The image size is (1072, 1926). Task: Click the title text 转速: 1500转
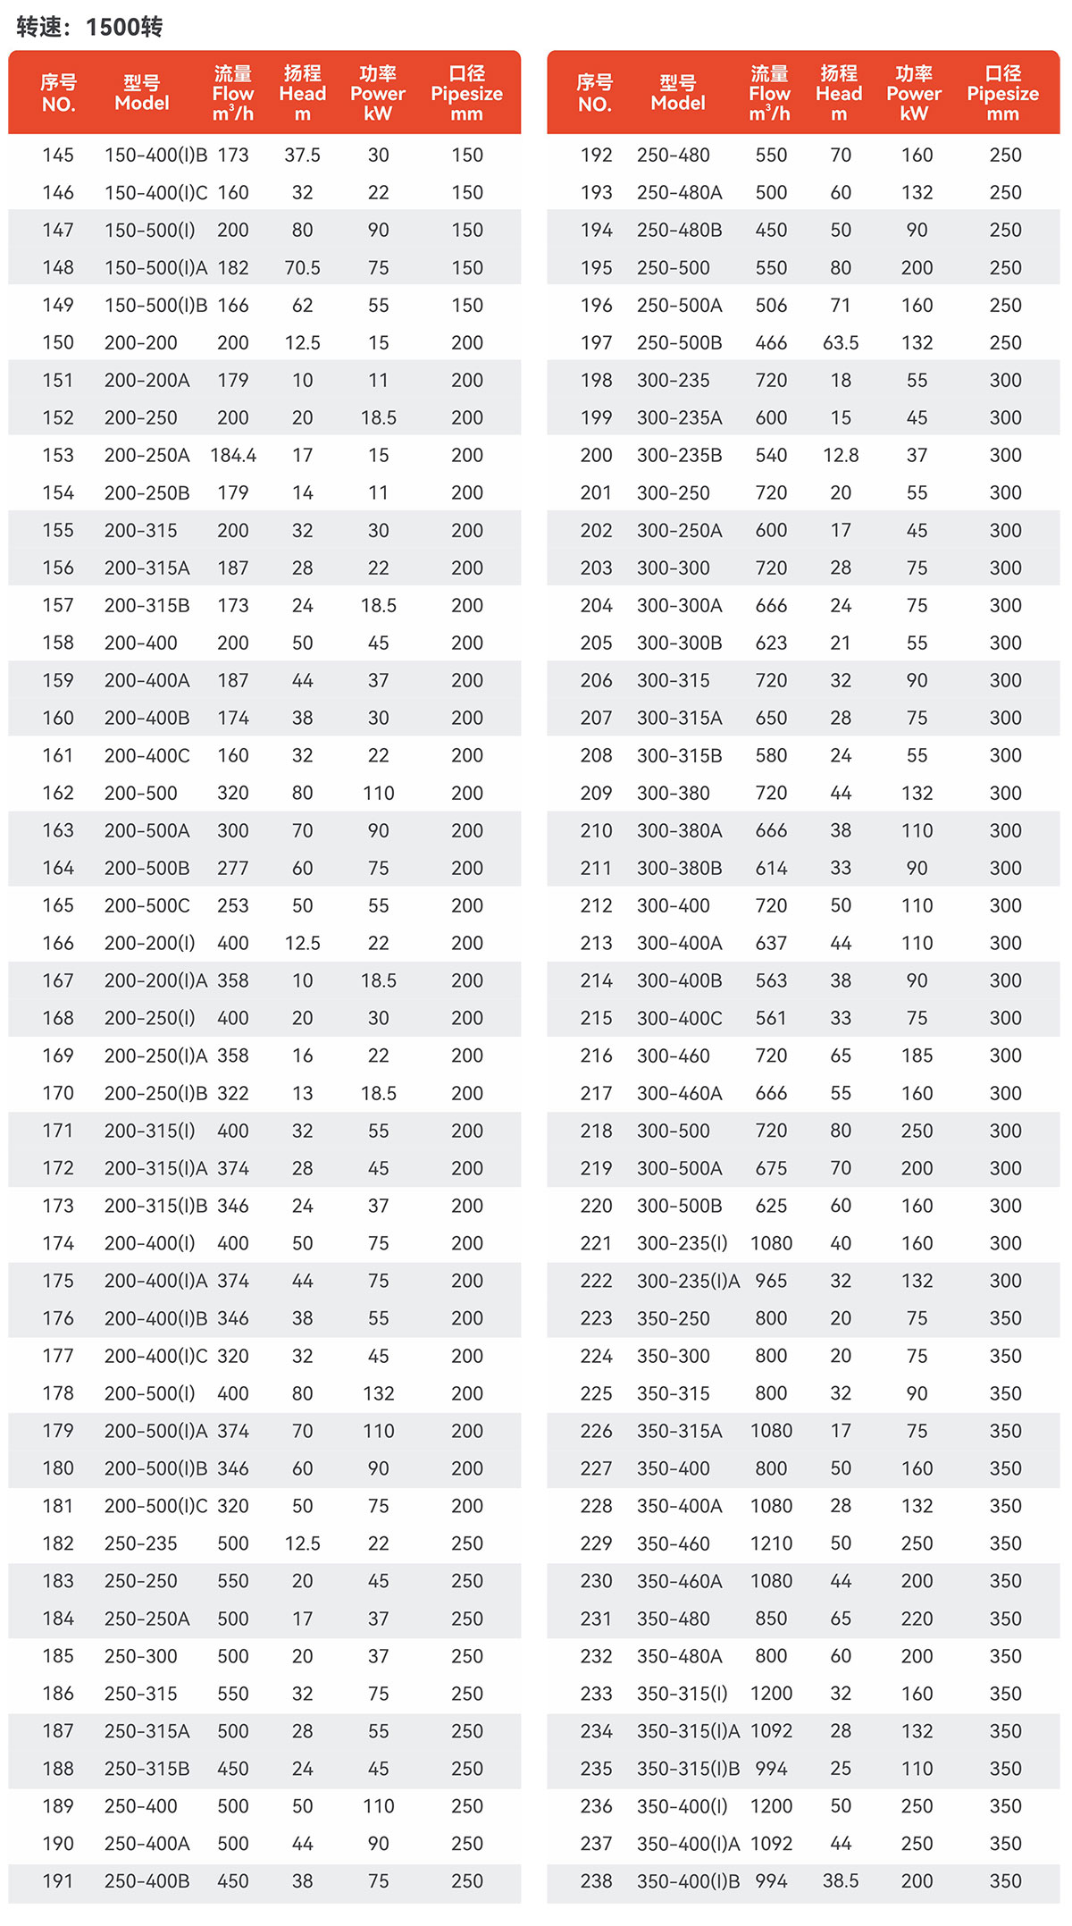point(89,27)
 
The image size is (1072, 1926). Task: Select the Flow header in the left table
point(233,93)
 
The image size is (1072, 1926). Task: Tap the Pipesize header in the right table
point(1002,93)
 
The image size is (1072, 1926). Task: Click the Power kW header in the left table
point(378,93)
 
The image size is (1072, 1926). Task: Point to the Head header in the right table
point(839,93)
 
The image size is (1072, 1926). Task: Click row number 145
point(58,155)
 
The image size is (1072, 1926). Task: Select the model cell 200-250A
point(147,455)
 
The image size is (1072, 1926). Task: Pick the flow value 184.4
point(233,455)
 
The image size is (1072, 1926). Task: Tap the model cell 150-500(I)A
point(155,267)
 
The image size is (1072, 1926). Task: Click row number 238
point(596,1880)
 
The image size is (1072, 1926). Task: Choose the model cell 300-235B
point(680,455)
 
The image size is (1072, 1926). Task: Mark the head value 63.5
point(841,342)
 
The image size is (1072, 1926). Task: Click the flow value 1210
point(771,1543)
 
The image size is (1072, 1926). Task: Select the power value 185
point(917,1056)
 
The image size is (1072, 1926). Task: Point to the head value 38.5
point(841,1880)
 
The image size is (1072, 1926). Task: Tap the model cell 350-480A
point(680,1655)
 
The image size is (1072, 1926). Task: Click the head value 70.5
point(303,267)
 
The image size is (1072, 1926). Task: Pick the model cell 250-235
point(141,1543)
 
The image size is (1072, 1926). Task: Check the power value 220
point(917,1618)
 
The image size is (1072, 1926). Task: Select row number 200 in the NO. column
point(596,455)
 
